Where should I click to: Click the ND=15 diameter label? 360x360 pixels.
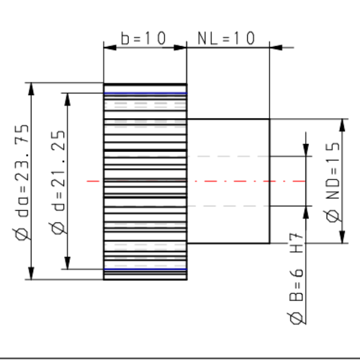click(x=332, y=181)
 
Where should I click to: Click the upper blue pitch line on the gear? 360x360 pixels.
click(x=145, y=93)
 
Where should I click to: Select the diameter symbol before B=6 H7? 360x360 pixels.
click(x=296, y=318)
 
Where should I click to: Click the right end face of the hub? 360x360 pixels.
click(x=270, y=181)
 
